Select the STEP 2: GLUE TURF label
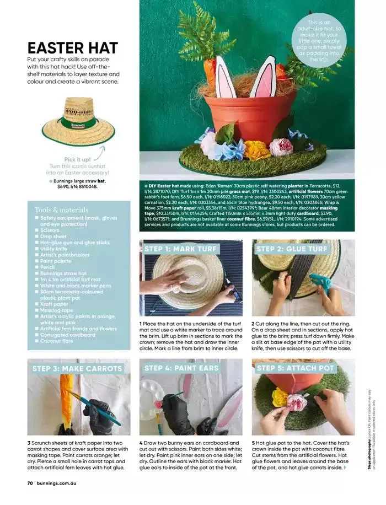292,249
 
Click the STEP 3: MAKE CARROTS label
77,368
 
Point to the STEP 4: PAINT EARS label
181,368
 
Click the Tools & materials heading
61,210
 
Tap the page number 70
31,482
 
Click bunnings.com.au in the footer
59,482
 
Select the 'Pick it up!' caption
77,159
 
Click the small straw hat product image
78,122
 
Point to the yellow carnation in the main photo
258,149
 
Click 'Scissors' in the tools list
53,230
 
